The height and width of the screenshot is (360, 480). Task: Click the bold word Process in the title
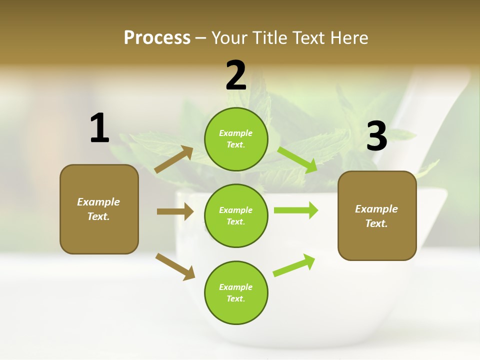point(157,37)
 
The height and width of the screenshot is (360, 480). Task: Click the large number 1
point(99,128)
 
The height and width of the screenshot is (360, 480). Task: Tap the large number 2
point(236,75)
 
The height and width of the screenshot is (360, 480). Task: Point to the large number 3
point(376,136)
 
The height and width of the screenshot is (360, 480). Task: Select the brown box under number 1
point(99,209)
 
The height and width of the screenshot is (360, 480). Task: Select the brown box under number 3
point(377,216)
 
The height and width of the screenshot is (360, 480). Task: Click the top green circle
point(236,139)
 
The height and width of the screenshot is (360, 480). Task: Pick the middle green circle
point(236,215)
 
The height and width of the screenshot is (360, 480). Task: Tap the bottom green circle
point(236,292)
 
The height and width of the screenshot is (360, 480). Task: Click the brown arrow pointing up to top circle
point(174,159)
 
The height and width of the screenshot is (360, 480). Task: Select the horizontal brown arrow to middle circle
point(175,211)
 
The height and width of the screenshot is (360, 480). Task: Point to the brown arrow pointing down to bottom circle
point(175,266)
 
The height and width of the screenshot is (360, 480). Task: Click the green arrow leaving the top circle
point(297,159)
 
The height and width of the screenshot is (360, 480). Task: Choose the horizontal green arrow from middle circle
point(296,210)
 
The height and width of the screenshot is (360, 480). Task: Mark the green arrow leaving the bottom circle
point(294,265)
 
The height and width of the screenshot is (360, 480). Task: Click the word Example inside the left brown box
point(98,202)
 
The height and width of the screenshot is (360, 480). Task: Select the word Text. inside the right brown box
point(376,223)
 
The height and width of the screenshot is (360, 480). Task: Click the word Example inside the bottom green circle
point(236,287)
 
